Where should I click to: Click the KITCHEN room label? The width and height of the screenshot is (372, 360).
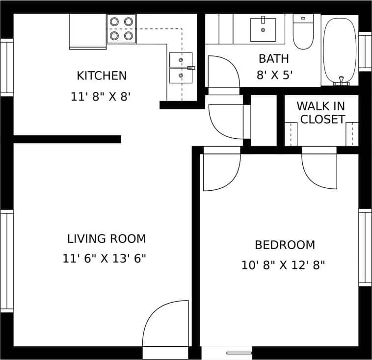pos(102,76)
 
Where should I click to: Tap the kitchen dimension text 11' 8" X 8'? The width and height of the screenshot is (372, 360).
pos(101,97)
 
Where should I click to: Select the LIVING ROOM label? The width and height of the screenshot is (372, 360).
pos(106,239)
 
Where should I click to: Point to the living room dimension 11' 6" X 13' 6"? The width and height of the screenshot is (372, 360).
pos(105,258)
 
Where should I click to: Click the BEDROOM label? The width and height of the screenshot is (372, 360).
pos(285,245)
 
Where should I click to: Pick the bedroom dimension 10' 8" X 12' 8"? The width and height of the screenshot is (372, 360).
pos(283,265)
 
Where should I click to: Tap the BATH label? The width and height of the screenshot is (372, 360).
pos(274,59)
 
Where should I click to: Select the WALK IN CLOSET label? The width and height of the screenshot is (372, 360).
pos(320,112)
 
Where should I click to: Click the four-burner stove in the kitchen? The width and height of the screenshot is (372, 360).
pos(122,28)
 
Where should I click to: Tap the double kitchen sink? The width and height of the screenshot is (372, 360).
pos(181,68)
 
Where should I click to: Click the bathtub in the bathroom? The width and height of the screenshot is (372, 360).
pos(340,51)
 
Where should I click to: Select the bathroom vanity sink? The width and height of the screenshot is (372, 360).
pos(263,29)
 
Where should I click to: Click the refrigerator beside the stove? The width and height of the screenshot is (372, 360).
pos(88,31)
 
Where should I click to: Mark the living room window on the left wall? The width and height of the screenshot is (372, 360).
pos(6,261)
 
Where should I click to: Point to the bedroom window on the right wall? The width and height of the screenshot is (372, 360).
pos(365,248)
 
